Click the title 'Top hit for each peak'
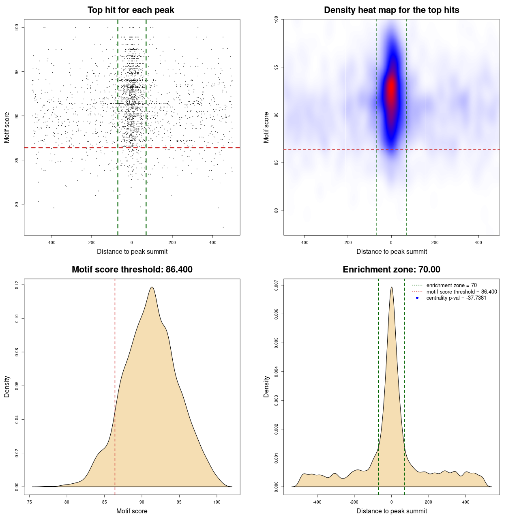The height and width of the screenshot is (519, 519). [131, 10]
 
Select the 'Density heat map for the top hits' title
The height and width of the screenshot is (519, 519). [392, 10]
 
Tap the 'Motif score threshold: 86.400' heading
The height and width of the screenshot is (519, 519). [132, 270]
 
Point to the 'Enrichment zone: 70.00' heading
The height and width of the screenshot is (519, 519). [392, 270]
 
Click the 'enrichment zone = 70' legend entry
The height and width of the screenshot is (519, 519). [451, 285]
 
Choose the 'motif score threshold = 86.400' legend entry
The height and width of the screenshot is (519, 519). [461, 292]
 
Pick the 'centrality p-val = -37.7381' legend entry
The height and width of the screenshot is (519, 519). [456, 298]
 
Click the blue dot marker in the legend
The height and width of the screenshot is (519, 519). [417, 298]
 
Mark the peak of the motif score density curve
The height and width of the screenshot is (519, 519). [152, 287]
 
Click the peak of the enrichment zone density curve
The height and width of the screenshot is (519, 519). [392, 287]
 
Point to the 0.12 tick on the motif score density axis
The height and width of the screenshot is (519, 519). [17, 285]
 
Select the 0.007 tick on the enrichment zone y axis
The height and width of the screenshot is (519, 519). [277, 285]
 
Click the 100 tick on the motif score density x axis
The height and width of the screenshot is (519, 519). [217, 502]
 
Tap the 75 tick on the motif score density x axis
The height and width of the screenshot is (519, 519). [30, 502]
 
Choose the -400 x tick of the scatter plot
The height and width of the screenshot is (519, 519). [51, 242]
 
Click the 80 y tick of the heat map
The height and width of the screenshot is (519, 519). [277, 210]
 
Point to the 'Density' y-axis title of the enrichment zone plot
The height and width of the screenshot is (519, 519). [266, 386]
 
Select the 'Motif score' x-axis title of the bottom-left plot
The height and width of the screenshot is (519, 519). [132, 511]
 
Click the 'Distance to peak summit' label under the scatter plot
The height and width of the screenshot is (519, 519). [132, 251]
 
